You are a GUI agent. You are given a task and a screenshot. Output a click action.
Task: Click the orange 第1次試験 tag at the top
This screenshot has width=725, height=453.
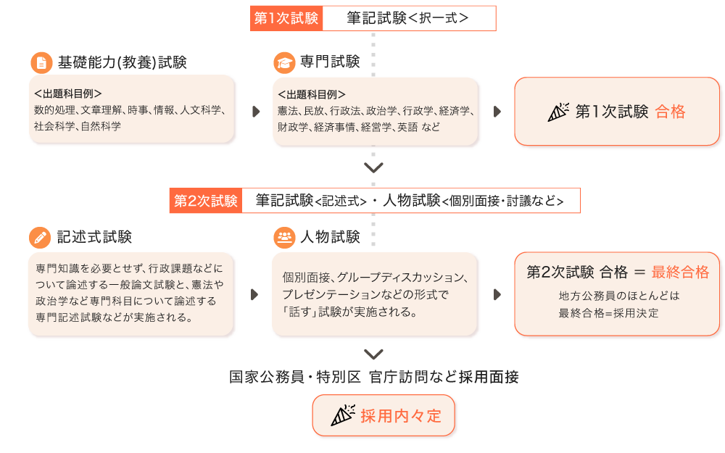coord(286,19)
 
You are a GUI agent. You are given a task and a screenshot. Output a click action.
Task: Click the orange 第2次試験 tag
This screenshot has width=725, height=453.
coord(205,201)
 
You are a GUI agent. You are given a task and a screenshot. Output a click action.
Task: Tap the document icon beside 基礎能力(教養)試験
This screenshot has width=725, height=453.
coord(41,62)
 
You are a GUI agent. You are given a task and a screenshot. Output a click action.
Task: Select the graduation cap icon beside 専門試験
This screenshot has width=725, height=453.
coord(284,62)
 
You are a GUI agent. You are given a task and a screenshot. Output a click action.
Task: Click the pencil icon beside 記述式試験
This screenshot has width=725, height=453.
coord(41,237)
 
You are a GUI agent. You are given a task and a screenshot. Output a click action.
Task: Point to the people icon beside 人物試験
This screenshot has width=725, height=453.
coord(284,237)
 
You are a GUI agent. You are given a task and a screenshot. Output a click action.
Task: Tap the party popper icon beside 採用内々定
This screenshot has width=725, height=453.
coord(342,416)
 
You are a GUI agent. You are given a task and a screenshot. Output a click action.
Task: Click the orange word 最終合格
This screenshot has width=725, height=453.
coord(680,273)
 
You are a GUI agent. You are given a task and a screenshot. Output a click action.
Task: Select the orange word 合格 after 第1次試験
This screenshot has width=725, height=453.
coord(670,112)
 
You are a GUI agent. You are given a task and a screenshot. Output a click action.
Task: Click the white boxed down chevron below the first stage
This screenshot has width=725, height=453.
coord(374,169)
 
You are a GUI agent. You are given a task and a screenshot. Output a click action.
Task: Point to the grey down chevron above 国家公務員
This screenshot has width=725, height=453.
coord(374,354)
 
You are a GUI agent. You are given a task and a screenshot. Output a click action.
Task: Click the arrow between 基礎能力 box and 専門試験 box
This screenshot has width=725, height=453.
coord(255,112)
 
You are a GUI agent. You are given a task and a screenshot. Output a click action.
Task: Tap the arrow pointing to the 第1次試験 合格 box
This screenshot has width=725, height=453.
coord(497,112)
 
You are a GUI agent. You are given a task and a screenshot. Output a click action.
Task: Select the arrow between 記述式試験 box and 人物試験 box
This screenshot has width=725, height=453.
coord(255,294)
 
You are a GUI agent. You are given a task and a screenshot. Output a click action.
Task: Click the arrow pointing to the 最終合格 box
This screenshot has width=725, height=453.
coord(497,294)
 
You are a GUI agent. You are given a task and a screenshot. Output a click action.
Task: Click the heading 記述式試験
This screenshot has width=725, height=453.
coord(94,237)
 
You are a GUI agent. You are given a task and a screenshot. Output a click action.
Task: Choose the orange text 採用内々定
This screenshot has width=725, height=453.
coord(401,416)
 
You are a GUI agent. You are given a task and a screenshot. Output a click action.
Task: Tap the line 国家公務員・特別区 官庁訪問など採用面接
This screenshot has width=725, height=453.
coord(374,377)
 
